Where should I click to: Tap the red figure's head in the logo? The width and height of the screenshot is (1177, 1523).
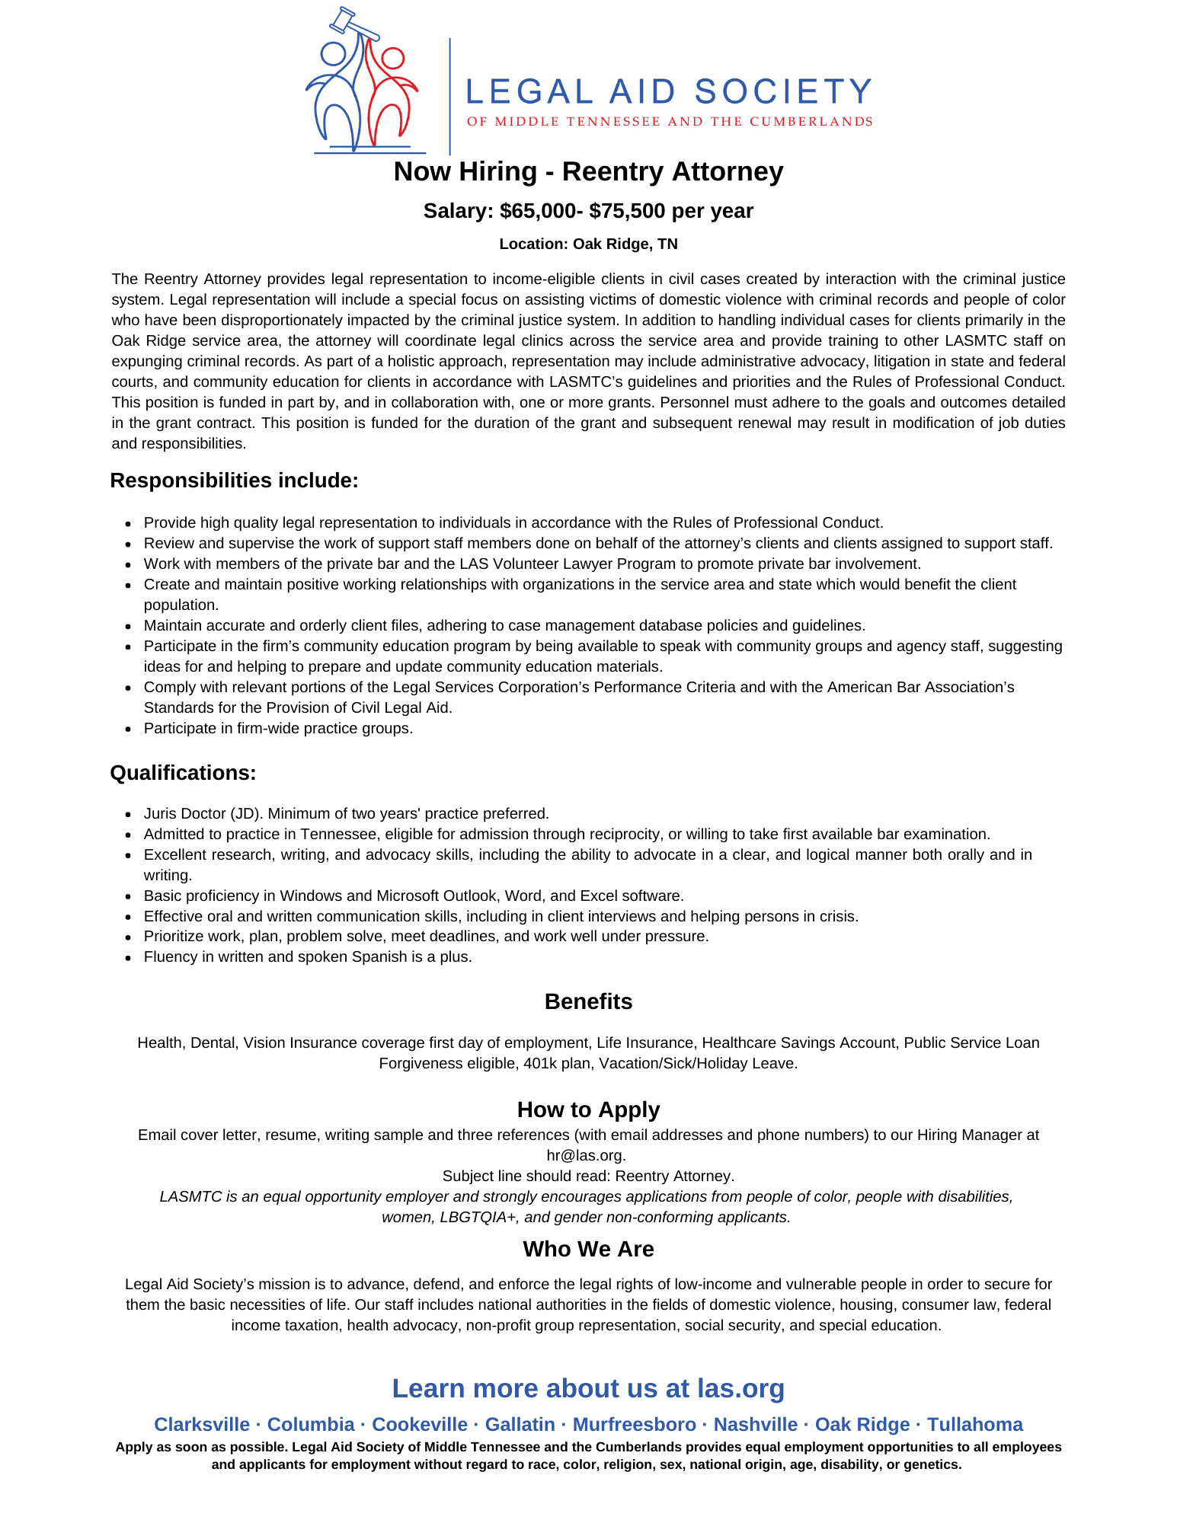click(392, 58)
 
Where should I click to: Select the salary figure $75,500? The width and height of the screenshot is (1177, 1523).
click(627, 211)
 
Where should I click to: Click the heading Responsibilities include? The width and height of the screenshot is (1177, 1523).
click(234, 481)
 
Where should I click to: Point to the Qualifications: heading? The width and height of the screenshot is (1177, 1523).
click(183, 773)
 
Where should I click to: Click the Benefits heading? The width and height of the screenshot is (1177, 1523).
click(588, 1001)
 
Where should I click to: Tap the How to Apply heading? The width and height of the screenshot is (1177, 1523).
click(588, 1110)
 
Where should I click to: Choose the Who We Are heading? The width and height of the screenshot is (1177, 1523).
click(588, 1249)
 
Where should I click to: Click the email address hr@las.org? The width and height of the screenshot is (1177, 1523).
click(587, 1155)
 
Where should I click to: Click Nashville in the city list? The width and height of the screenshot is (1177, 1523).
click(755, 1424)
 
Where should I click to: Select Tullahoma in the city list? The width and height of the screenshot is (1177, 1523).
click(974, 1424)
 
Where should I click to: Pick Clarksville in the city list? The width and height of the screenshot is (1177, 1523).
click(202, 1424)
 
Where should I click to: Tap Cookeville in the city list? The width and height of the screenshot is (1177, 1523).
click(420, 1424)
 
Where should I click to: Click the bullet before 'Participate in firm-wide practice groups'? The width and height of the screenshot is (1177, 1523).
click(129, 729)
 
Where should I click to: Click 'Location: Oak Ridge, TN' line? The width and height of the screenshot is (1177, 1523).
click(588, 244)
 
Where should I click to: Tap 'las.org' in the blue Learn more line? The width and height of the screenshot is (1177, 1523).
click(740, 1388)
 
